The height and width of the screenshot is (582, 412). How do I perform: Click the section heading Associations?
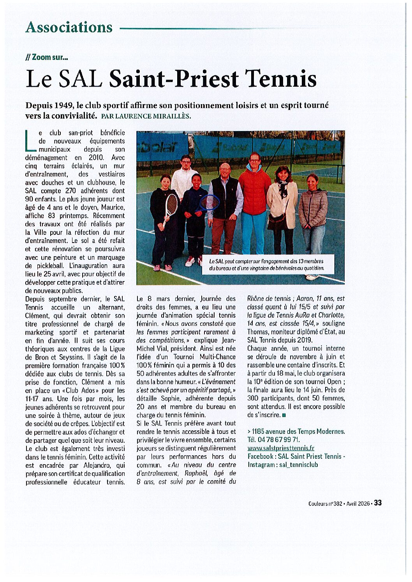[69, 27]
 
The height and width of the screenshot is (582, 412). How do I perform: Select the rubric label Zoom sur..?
[47, 57]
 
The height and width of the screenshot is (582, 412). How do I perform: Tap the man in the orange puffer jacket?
[255, 194]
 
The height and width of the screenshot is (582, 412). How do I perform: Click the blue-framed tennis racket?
[210, 203]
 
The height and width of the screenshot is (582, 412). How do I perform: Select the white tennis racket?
[171, 206]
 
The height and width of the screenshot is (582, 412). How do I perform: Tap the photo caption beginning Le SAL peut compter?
[266, 265]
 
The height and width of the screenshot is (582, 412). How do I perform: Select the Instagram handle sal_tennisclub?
[298, 465]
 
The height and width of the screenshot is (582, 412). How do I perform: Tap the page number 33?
[377, 503]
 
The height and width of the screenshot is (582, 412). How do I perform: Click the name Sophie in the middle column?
[169, 398]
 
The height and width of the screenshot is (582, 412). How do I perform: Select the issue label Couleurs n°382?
[325, 503]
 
